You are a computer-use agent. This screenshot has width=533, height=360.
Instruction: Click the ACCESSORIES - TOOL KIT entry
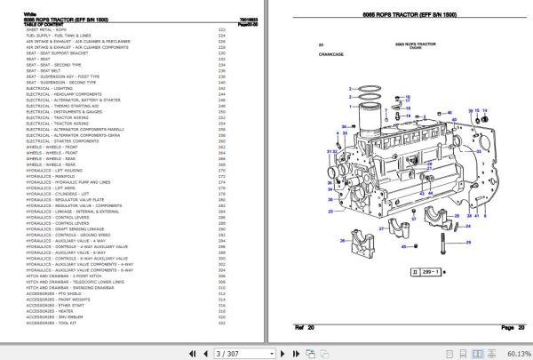(52, 324)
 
